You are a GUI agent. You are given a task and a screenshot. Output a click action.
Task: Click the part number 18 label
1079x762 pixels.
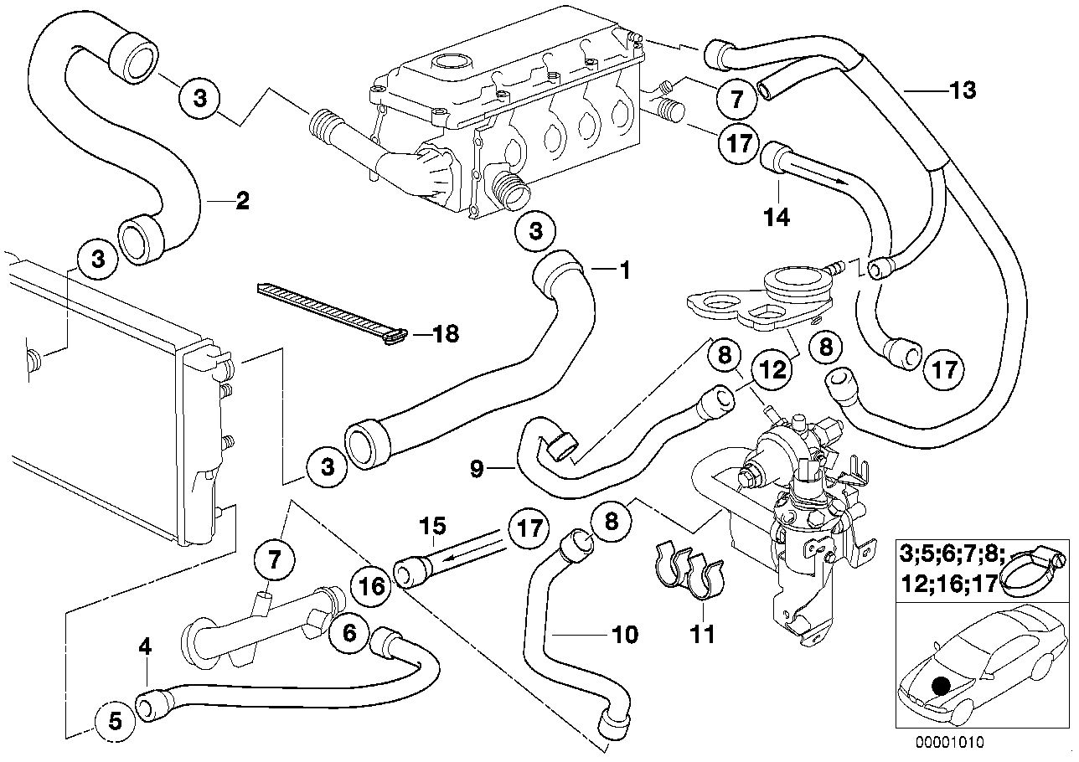click(x=446, y=334)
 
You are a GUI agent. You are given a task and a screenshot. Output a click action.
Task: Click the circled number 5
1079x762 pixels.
click(x=116, y=719)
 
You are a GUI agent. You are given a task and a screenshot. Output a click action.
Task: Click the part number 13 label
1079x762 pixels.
click(x=963, y=90)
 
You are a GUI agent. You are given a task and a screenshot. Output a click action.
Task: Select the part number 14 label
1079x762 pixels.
click(x=777, y=217)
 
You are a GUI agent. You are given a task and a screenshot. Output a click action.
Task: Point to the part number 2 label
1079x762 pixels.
click(x=241, y=200)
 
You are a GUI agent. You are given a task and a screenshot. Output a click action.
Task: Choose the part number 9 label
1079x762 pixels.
click(x=477, y=470)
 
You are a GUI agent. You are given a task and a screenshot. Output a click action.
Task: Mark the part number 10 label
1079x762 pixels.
click(x=625, y=634)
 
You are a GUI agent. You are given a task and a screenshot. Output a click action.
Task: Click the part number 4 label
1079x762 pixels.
click(x=145, y=646)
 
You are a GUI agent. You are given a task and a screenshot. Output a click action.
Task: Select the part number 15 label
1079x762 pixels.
click(x=434, y=527)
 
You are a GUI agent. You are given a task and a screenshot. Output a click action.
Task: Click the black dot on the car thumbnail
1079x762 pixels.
click(x=941, y=686)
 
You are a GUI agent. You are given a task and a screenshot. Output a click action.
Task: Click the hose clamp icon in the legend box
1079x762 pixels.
click(x=1036, y=567)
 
